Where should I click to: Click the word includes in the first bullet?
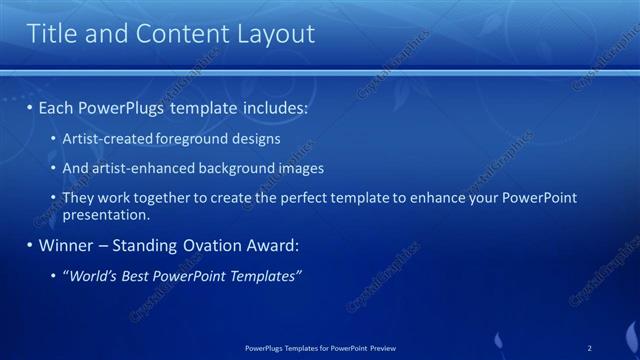pos(270,107)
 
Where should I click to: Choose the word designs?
pos(256,139)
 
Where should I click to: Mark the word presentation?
pos(105,214)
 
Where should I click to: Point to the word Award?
pos(270,245)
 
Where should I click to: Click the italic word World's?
pos(93,275)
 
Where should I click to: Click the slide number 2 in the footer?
pos(590,348)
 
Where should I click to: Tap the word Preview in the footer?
pos(382,348)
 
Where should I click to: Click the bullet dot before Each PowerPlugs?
pos(30,107)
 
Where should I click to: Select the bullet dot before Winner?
pos(30,245)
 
